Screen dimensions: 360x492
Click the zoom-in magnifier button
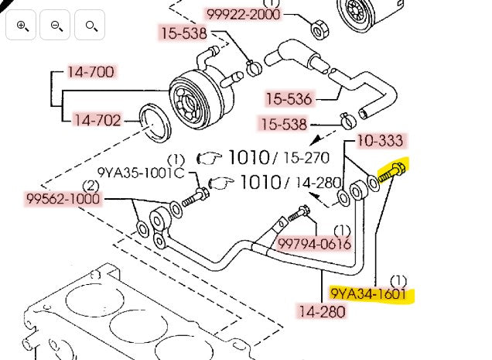click(22, 26)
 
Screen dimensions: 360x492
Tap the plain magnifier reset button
click(91, 26)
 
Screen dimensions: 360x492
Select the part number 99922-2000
click(243, 15)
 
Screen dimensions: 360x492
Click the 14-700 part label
click(91, 73)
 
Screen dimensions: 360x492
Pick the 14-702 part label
click(96, 120)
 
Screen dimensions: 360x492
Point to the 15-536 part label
click(289, 98)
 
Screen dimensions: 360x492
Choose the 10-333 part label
click(381, 141)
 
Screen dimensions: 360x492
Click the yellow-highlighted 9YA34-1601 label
click(370, 293)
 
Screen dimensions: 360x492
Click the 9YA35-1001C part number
click(140, 172)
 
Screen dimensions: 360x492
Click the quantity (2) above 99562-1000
click(91, 185)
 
